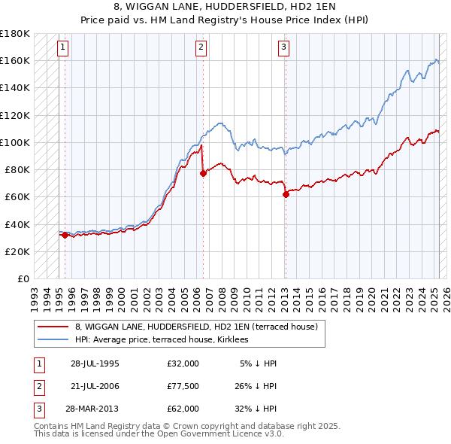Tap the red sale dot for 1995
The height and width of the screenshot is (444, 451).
coord(65,235)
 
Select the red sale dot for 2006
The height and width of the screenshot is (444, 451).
coord(203,173)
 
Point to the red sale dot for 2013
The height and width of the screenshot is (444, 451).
coord(286,194)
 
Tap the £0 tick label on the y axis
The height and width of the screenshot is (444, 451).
coord(23,278)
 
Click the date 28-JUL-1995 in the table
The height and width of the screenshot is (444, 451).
coord(95,363)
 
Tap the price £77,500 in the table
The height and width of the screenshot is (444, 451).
coord(183,386)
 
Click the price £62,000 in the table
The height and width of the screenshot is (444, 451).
coord(183,409)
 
